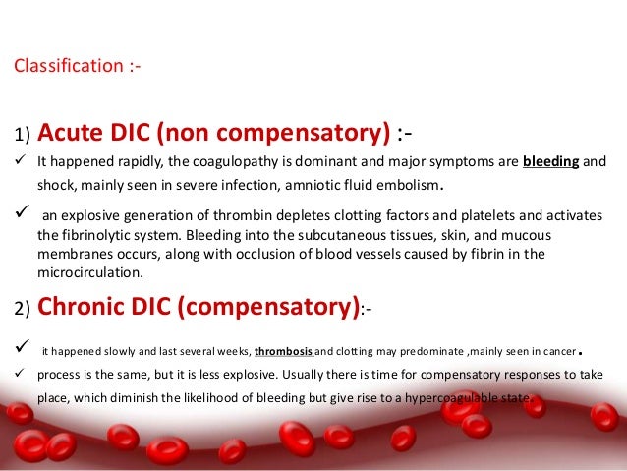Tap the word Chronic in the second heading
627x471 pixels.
click(82, 309)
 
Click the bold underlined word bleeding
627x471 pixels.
click(551, 161)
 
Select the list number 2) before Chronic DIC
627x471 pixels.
click(23, 312)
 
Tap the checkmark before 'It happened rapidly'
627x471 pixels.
click(20, 161)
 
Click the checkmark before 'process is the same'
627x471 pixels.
click(20, 376)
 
